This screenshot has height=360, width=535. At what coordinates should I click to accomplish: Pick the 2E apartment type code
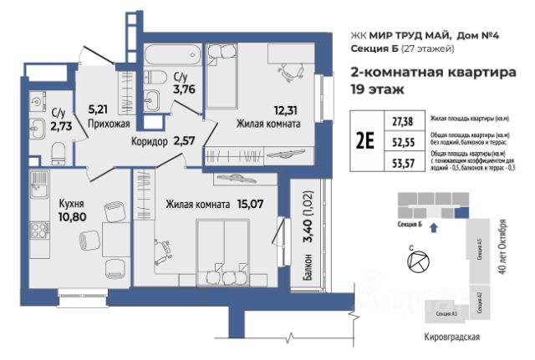pos(364,140)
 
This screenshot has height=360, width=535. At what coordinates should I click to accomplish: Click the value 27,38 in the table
pos(404,121)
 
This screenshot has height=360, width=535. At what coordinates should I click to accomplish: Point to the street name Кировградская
pos(451,337)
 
